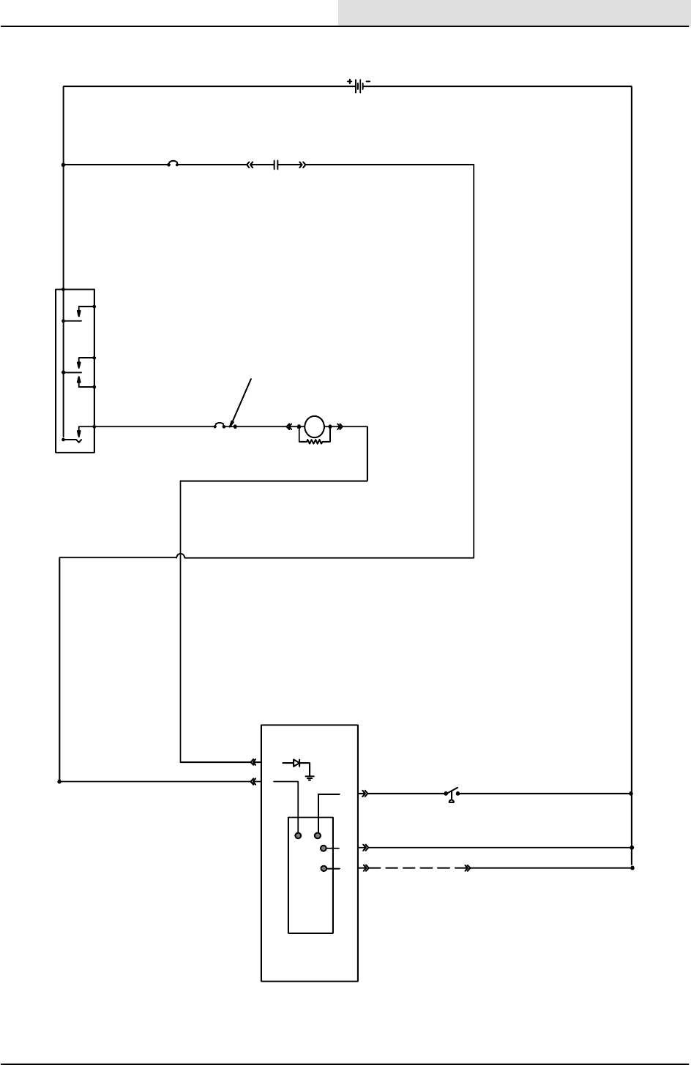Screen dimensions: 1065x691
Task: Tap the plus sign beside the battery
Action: point(349,82)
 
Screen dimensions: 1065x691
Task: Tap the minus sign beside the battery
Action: point(367,82)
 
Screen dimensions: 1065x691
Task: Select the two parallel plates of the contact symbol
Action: point(276,165)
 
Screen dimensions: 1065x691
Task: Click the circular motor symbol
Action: point(314,425)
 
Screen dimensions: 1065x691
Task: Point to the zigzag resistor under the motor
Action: point(315,442)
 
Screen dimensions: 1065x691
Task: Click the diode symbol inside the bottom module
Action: point(296,763)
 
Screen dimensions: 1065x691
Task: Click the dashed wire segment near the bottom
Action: point(417,868)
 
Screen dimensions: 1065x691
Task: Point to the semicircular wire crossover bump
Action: point(181,557)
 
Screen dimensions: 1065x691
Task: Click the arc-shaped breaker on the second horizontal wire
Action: point(174,164)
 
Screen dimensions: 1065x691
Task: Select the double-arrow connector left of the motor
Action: point(289,426)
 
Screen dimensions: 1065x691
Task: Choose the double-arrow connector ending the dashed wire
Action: point(467,868)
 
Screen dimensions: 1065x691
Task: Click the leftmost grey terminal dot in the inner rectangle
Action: point(298,835)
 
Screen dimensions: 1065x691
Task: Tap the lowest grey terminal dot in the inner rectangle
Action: point(324,868)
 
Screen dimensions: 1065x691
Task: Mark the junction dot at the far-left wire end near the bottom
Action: point(59,781)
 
